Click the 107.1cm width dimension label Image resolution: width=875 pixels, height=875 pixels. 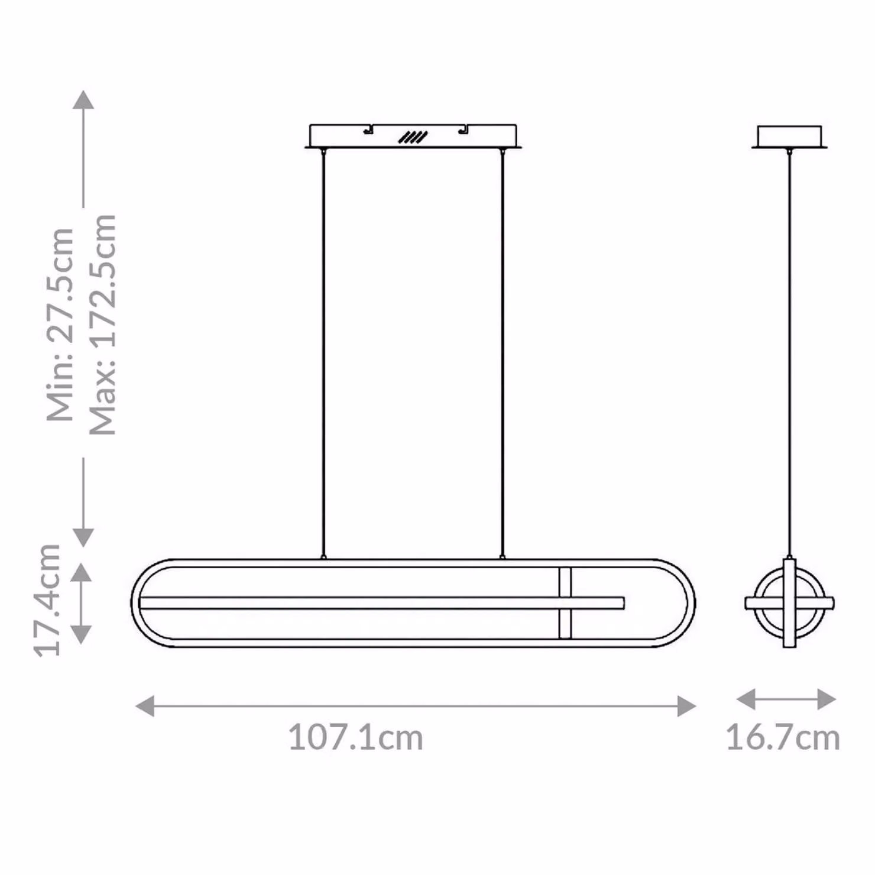[x=356, y=738]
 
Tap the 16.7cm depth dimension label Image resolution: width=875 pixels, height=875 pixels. [x=783, y=738]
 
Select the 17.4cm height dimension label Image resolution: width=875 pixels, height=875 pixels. [x=47, y=599]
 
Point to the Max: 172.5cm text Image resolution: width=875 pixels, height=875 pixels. [x=102, y=325]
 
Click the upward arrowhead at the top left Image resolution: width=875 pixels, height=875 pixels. [x=83, y=99]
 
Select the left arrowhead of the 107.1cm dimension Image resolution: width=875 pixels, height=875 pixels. [x=145, y=706]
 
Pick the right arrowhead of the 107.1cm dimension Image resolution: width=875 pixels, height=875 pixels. [x=686, y=706]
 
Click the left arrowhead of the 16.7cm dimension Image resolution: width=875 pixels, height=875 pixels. [x=746, y=699]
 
